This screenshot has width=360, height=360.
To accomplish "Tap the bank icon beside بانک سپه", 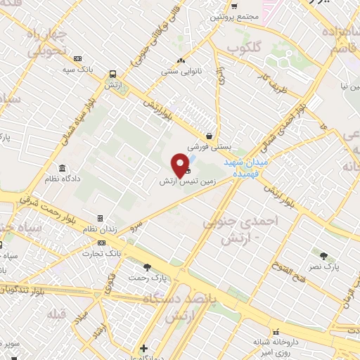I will pyautogui.click(x=77, y=59).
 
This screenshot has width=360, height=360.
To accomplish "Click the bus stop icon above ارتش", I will pyautogui.click(x=112, y=74).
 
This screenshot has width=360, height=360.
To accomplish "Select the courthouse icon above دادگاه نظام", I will pyautogui.click(x=63, y=169).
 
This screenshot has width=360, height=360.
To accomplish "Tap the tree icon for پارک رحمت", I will pyautogui.click(x=147, y=267).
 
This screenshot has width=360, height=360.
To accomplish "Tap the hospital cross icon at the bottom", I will pyautogui.click(x=144, y=348).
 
